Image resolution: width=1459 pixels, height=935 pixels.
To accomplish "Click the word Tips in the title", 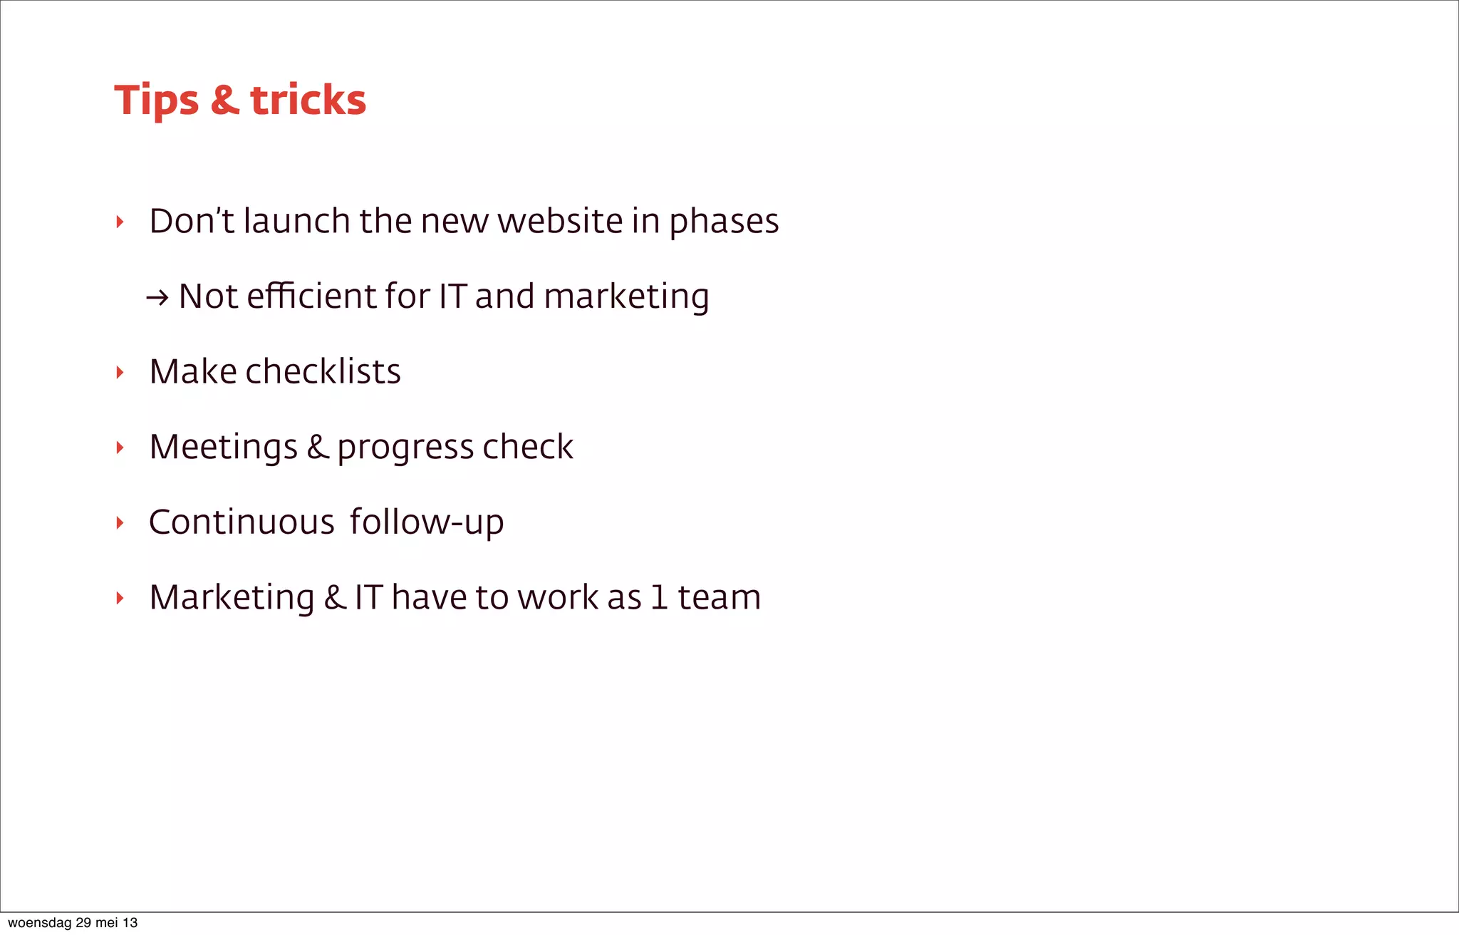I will (156, 100).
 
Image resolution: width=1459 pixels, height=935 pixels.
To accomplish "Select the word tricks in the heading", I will (308, 100).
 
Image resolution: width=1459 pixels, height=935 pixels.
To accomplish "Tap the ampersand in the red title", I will (225, 100).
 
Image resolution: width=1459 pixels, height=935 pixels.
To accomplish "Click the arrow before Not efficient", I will (157, 297).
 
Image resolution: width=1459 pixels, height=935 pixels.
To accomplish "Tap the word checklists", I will (323, 371).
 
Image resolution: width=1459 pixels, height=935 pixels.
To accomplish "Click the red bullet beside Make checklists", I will (120, 372).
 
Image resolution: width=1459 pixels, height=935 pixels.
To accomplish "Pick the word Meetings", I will (223, 448).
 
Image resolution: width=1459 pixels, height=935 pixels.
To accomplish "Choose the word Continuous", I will (242, 522).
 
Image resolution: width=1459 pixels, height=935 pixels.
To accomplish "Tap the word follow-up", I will (427, 522).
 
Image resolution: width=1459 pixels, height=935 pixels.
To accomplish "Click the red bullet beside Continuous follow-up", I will (120, 523).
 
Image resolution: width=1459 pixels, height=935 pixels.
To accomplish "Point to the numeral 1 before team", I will (659, 597).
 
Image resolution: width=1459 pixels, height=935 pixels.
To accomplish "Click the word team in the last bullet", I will (719, 597).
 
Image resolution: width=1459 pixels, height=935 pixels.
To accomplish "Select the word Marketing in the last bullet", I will (232, 597).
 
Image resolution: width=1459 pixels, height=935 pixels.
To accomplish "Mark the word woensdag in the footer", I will (39, 923).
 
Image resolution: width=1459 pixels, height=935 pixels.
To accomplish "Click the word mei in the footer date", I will (107, 923).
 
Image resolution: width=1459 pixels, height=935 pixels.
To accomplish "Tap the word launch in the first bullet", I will (296, 221).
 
